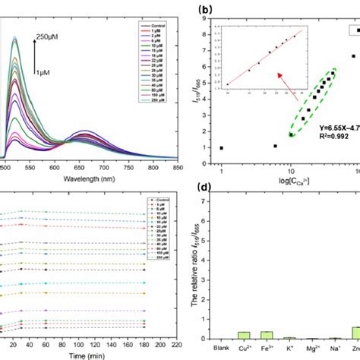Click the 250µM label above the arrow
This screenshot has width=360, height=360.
click(50, 35)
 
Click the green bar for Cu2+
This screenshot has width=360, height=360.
click(245, 333)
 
